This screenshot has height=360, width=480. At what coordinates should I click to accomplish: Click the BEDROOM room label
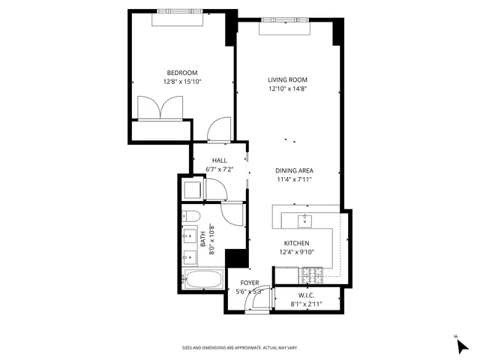(182, 73)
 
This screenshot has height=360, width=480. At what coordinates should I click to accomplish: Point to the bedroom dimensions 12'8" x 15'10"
(182, 82)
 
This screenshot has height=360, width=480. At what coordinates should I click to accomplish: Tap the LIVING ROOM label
(288, 79)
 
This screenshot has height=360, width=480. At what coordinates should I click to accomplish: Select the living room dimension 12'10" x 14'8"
(288, 88)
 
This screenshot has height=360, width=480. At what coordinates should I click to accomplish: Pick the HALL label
(220, 160)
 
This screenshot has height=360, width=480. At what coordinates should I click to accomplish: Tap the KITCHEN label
(296, 243)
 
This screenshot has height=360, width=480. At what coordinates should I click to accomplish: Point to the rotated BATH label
(202, 239)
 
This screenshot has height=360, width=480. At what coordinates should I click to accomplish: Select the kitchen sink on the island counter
(305, 220)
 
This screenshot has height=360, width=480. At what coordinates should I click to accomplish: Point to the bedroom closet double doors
(158, 109)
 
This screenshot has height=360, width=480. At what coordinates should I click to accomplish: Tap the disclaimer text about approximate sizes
(240, 347)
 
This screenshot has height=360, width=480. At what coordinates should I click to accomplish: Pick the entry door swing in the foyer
(257, 303)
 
